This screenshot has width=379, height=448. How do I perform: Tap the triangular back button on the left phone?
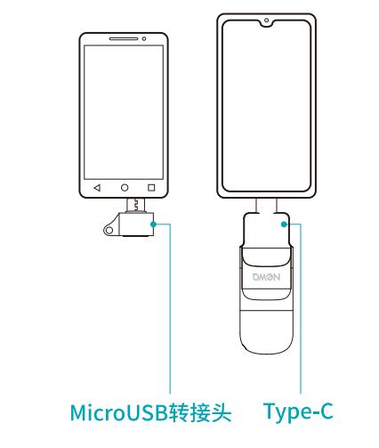[97, 188]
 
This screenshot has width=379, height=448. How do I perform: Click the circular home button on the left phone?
[125, 188]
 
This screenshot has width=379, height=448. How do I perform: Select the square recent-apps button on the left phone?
[151, 188]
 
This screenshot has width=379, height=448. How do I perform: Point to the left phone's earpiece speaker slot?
[124, 38]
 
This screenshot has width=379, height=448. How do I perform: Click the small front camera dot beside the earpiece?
[144, 38]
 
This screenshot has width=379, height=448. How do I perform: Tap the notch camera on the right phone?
[266, 20]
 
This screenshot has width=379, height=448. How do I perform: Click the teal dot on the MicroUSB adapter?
[153, 224]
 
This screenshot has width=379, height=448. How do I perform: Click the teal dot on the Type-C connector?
[284, 224]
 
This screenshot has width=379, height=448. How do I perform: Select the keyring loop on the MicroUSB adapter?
[109, 231]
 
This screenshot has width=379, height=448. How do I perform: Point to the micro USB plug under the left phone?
[136, 205]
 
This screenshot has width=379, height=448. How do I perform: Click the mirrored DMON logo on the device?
[266, 277]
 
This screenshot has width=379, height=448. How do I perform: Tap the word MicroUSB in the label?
[119, 412]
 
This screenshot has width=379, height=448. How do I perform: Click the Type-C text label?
[298, 412]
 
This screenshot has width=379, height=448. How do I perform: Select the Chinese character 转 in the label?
[179, 412]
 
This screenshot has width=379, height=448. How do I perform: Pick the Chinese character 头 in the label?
[221, 412]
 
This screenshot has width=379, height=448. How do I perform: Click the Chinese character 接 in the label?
[200, 412]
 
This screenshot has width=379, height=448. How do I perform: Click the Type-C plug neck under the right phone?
[266, 206]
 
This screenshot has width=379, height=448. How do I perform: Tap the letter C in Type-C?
[324, 411]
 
